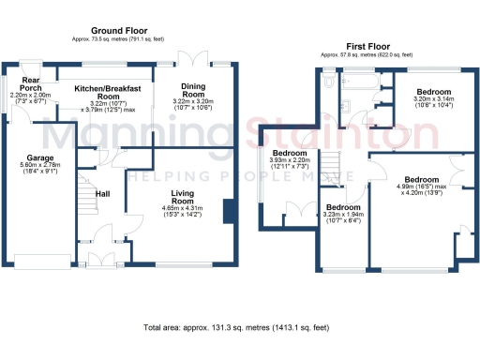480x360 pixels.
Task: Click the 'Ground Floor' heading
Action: tap(116, 31)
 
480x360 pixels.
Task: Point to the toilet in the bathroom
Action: tap(328, 82)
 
